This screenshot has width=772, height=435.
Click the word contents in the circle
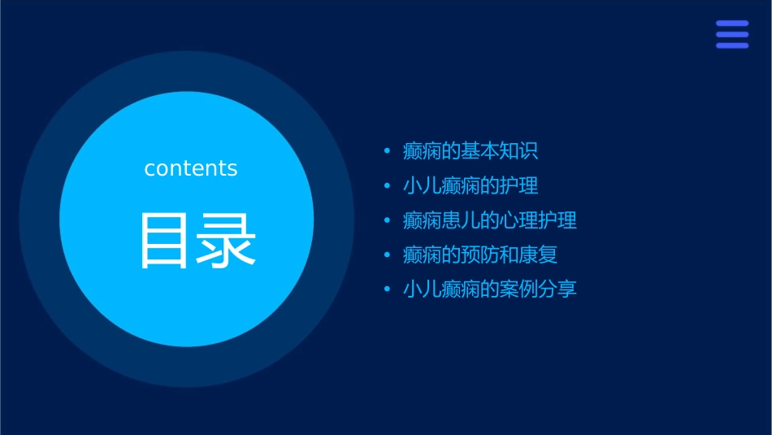pyautogui.click(x=191, y=168)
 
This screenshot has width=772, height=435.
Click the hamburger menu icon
pyautogui.click(x=732, y=34)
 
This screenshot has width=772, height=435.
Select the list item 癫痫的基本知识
pyautogui.click(x=471, y=151)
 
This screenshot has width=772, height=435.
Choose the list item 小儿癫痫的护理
pyautogui.click(x=471, y=185)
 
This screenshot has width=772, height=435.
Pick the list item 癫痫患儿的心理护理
pyautogui.click(x=490, y=220)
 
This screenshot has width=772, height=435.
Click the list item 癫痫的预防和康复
pyautogui.click(x=480, y=254)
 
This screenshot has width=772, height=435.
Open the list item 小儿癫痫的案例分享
pyautogui.click(x=490, y=289)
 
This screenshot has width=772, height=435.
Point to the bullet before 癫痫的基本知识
pyautogui.click(x=388, y=152)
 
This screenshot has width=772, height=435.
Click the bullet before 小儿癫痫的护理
pyautogui.click(x=388, y=186)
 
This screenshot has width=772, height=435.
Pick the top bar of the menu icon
pyautogui.click(x=732, y=24)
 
